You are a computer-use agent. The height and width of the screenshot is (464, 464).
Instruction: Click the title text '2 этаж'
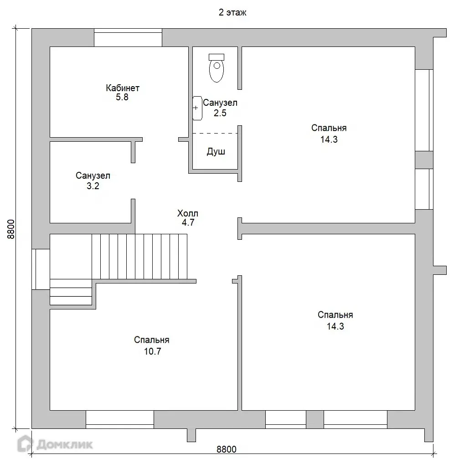[232, 12]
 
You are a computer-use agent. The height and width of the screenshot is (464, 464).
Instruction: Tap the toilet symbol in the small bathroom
[217, 68]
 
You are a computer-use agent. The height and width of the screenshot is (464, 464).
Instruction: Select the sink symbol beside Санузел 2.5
[197, 108]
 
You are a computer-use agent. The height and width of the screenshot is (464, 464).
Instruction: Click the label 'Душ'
[216, 151]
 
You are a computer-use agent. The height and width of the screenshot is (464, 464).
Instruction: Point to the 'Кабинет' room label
[123, 88]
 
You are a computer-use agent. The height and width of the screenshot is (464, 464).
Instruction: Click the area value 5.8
[122, 97]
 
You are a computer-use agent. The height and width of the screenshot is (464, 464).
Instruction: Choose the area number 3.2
[93, 186]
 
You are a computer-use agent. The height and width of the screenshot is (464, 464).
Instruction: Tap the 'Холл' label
[188, 213]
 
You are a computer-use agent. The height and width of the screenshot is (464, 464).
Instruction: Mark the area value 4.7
[188, 222]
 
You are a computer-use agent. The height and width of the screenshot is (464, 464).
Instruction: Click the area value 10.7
[152, 351]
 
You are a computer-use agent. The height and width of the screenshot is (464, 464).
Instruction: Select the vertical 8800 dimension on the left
[11, 229]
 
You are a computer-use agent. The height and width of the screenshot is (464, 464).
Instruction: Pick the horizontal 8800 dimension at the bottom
[227, 449]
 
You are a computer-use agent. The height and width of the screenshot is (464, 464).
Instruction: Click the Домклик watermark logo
[55, 444]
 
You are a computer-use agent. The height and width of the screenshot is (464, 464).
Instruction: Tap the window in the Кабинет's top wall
[128, 37]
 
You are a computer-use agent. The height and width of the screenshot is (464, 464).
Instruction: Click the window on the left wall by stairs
[41, 269]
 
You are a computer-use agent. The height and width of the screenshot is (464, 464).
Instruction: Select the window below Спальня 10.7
[120, 420]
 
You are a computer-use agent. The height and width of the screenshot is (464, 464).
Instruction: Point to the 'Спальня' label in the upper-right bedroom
[329, 128]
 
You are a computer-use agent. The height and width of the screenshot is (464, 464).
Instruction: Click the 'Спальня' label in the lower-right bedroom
[335, 314]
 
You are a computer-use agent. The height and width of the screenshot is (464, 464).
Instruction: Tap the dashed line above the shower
[215, 134]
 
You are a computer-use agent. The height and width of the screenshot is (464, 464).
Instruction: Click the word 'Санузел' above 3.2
[93, 175]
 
